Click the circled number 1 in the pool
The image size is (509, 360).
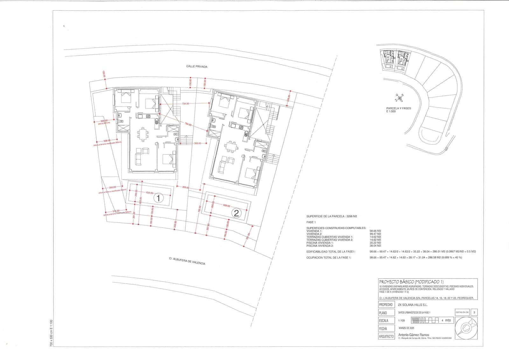coord(158,198)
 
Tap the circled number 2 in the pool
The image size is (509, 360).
coord(236,213)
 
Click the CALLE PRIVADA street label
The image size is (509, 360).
coord(197,67)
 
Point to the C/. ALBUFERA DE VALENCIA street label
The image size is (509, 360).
coord(187,261)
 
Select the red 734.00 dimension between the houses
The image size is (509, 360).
coord(185,104)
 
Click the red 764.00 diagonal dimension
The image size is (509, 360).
coord(188,124)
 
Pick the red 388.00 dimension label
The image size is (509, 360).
coord(197,144)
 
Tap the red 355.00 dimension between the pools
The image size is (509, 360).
coord(186,187)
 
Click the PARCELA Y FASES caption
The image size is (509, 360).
coord(398,110)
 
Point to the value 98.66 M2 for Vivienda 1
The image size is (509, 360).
coord(375,231)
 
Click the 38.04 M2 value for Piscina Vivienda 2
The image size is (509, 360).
coord(375,246)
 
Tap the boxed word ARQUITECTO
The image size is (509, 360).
coord(386,336)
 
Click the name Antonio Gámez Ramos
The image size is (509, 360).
coord(414,335)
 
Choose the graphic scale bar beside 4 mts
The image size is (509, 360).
coord(425,320)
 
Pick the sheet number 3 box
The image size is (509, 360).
coord(474,313)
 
